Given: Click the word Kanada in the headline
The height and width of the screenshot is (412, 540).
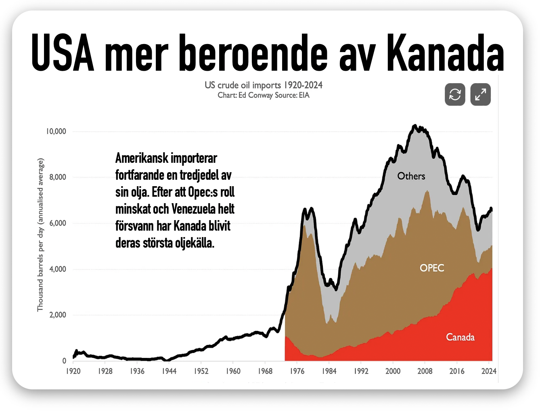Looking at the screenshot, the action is [x=445, y=53].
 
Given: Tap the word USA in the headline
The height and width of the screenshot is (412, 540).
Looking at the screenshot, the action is [x=63, y=53].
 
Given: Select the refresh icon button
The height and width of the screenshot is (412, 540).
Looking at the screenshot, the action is [x=455, y=94].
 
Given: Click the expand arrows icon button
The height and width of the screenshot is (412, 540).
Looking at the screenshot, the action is [x=480, y=94].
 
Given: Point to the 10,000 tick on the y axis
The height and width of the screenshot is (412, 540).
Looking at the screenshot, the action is [x=56, y=131].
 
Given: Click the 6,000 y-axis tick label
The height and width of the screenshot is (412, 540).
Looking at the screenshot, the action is [x=58, y=223].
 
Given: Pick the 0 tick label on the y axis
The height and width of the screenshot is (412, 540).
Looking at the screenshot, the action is [x=64, y=361].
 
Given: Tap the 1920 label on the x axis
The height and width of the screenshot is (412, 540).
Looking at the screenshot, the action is [x=73, y=371].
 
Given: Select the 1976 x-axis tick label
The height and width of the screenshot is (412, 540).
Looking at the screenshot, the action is [x=297, y=371].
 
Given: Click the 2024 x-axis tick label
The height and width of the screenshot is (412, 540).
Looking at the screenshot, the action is [x=489, y=371].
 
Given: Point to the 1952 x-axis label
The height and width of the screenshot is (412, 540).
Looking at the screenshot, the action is [x=201, y=371].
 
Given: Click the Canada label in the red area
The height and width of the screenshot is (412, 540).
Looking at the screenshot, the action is [x=460, y=337].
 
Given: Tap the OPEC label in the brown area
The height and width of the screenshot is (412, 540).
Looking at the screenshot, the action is [x=432, y=268].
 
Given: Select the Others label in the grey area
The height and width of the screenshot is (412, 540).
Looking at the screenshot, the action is [x=411, y=176].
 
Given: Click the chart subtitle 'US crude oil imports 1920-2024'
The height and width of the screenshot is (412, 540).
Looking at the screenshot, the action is [x=264, y=85].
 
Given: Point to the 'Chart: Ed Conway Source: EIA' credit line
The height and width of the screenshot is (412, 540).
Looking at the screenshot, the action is [x=264, y=95].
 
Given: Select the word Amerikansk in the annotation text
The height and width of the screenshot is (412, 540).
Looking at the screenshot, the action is [x=142, y=158].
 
